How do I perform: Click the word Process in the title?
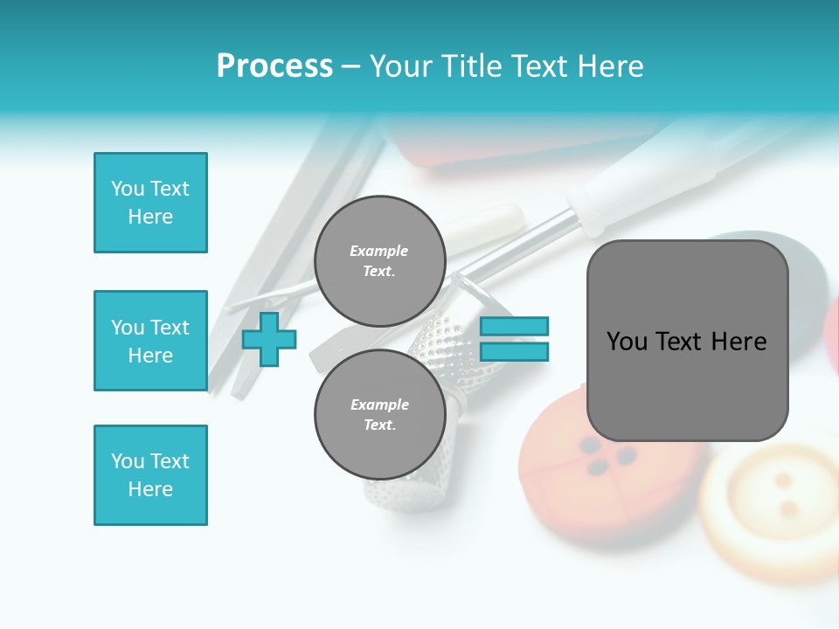274,66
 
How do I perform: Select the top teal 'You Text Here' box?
150,203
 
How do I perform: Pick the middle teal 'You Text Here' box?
150,341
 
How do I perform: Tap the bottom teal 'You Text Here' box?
150,475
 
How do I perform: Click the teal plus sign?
269,339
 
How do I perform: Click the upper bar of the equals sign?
514,326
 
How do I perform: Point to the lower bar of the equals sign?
514,352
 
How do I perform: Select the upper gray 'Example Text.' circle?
379,260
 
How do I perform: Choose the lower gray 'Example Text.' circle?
379,414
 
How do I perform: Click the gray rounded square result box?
687,341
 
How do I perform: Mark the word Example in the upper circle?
379,251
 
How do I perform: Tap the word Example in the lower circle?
379,404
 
